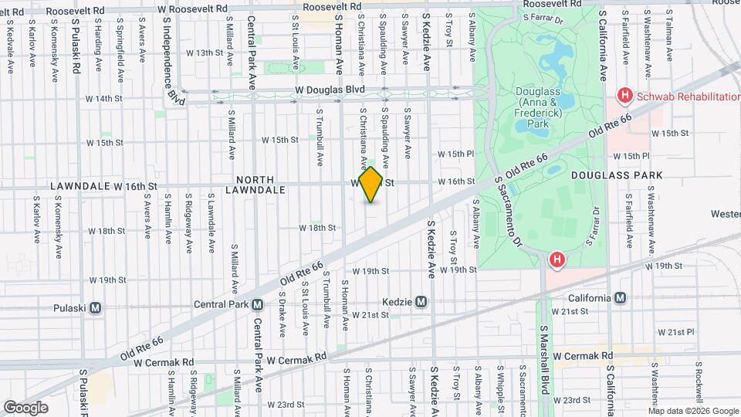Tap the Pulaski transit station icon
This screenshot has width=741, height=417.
(95, 307)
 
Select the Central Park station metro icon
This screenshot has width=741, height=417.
(257, 304)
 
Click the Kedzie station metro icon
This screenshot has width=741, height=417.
(421, 301)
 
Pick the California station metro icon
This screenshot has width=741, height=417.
(620, 298)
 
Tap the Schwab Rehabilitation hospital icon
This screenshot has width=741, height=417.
(624, 96)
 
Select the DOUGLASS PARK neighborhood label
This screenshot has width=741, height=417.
(617, 175)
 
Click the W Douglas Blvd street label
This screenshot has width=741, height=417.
(330, 90)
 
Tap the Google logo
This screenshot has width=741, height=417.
(26, 407)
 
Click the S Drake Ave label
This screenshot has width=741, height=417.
(283, 313)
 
